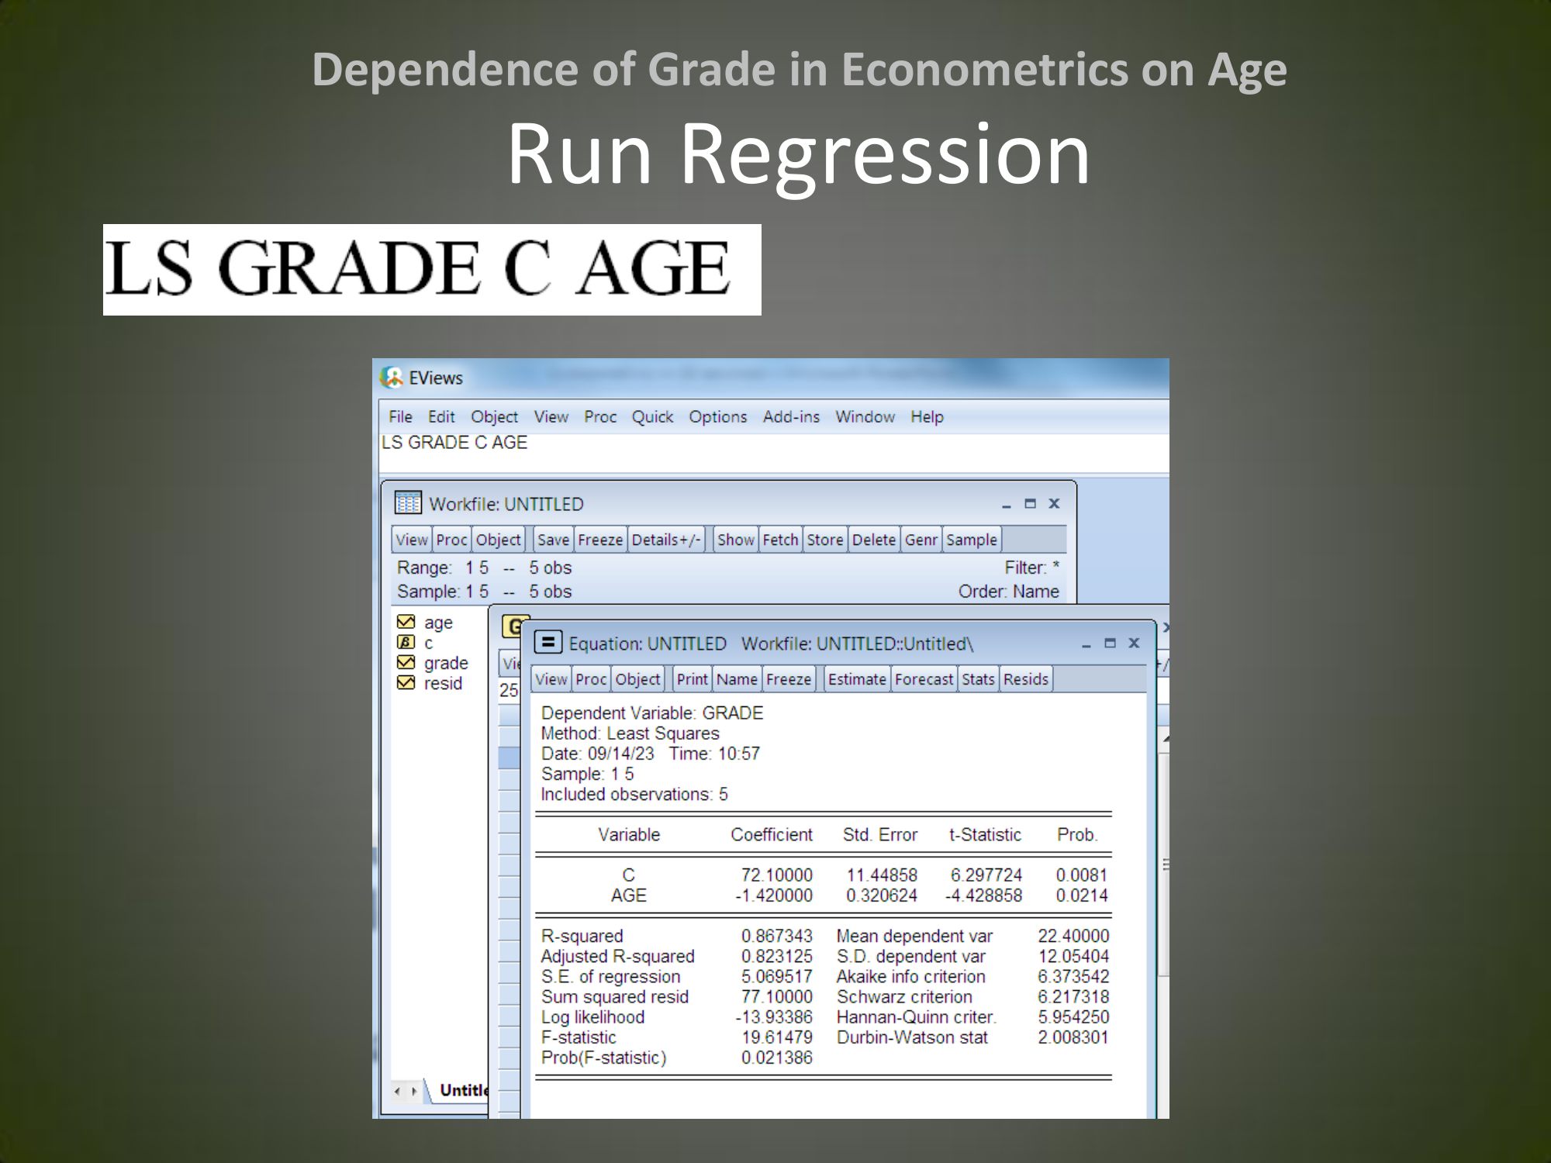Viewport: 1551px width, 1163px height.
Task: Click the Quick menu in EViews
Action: click(x=652, y=417)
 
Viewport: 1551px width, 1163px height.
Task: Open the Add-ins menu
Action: click(x=791, y=417)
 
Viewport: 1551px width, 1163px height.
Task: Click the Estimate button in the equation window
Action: click(x=857, y=679)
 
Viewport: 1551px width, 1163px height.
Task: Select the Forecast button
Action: click(x=924, y=679)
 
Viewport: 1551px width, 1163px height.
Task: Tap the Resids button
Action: click(x=1025, y=679)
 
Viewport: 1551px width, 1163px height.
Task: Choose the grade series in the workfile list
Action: click(x=446, y=663)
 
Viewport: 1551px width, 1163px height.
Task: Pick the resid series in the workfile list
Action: click(x=443, y=683)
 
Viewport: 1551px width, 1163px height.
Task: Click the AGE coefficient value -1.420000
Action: click(x=774, y=896)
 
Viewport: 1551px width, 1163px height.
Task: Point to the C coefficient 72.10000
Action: click(x=776, y=875)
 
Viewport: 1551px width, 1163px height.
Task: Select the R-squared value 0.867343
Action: click(x=776, y=936)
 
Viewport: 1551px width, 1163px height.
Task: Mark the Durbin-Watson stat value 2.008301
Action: click(x=1073, y=1037)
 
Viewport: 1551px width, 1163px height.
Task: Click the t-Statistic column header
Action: click(x=985, y=835)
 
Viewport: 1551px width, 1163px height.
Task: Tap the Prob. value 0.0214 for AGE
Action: click(x=1082, y=896)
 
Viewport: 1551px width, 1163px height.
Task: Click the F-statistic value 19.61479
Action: click(x=776, y=1037)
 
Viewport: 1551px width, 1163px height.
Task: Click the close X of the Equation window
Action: click(x=1134, y=643)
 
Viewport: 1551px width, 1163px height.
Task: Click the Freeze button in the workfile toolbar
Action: click(x=600, y=540)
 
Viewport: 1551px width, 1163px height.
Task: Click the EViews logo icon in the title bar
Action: click(x=392, y=378)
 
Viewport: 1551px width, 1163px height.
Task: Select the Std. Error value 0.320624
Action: click(x=882, y=896)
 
